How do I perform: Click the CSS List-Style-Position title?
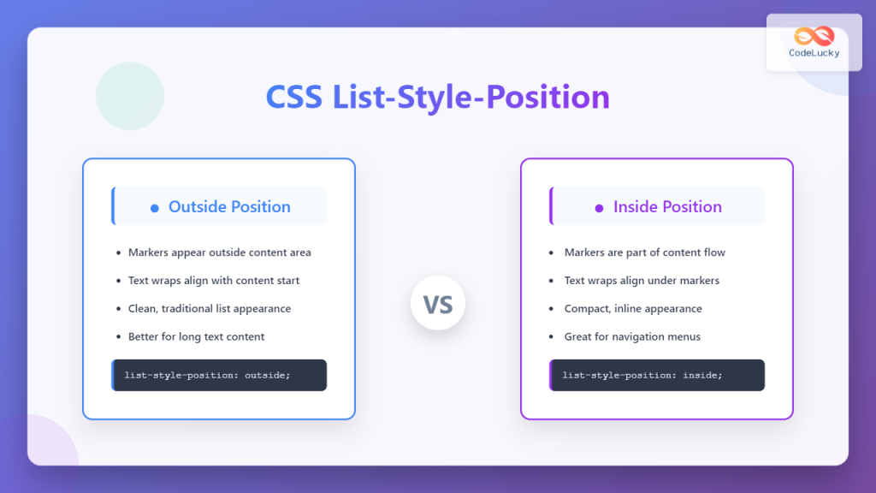[x=437, y=98]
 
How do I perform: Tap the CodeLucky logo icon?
[x=814, y=36]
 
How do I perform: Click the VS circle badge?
[x=437, y=304]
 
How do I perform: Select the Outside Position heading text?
[x=229, y=206]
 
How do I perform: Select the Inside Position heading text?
[x=667, y=206]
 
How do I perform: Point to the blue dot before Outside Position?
[x=155, y=208]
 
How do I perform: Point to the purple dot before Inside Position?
[x=600, y=208]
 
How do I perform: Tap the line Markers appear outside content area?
[x=219, y=252]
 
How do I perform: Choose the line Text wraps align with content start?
[x=214, y=281]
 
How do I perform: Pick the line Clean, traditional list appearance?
[x=210, y=308]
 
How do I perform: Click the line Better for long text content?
[x=196, y=336]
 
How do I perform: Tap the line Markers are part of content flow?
[x=645, y=252]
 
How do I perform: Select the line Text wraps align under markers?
[x=642, y=281]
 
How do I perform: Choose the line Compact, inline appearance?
[x=633, y=308]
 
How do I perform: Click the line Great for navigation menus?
[x=632, y=336]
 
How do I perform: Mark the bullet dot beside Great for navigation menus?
[x=552, y=337]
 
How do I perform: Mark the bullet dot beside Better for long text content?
[x=117, y=337]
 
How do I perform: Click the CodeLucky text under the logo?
[x=814, y=53]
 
